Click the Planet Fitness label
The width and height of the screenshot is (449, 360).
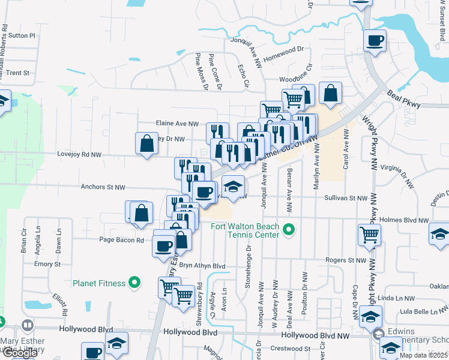pyautogui.click(x=99, y=283)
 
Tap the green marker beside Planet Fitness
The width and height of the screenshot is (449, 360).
pyautogui.click(x=134, y=283)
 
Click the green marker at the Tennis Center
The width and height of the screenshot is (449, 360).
pyautogui.click(x=289, y=229)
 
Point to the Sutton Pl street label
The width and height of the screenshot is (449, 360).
pyautogui.click(x=23, y=35)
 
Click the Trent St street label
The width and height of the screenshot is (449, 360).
pyautogui.click(x=18, y=73)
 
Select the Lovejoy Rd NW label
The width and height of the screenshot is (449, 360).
pyautogui.click(x=78, y=155)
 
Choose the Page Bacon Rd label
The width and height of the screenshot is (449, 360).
pyautogui.click(x=122, y=240)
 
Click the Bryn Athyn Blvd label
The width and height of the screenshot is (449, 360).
pyautogui.click(x=202, y=266)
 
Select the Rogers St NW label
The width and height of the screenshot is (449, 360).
pyautogui.click(x=346, y=260)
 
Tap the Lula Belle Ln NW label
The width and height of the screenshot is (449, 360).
pyautogui.click(x=423, y=311)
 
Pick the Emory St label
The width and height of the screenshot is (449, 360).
pyautogui.click(x=47, y=264)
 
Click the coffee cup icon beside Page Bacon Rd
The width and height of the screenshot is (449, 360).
pyautogui.click(x=163, y=245)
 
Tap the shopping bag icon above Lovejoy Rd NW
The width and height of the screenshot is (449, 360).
pyautogui.click(x=147, y=143)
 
